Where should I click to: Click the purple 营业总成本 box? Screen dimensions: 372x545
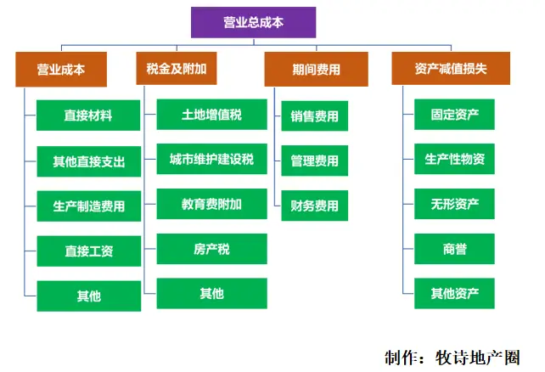click(253, 23)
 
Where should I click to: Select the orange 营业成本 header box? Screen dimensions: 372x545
click(60, 69)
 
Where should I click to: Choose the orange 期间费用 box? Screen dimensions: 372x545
click(315, 69)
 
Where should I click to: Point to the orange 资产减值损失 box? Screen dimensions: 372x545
click(444, 69)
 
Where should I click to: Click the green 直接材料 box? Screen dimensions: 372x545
click(88, 115)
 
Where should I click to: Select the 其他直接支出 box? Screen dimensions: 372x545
click(88, 161)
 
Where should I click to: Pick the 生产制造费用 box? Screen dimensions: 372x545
click(88, 206)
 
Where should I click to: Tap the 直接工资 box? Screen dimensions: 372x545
click(88, 251)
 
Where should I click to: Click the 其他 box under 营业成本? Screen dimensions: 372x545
click(88, 296)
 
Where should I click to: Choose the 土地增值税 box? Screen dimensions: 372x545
click(211, 114)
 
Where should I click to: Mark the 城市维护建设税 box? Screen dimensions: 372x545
click(211, 159)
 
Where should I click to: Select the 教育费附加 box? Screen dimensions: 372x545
click(211, 204)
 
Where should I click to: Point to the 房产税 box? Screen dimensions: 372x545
click(211, 249)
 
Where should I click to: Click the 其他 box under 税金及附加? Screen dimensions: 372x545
click(211, 294)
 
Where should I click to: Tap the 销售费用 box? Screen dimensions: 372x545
click(314, 116)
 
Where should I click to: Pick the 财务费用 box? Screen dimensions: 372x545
click(314, 206)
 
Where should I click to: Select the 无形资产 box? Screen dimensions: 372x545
click(454, 204)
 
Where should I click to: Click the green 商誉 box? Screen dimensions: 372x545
click(454, 249)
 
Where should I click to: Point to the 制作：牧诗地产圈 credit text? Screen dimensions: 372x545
click(451, 356)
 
